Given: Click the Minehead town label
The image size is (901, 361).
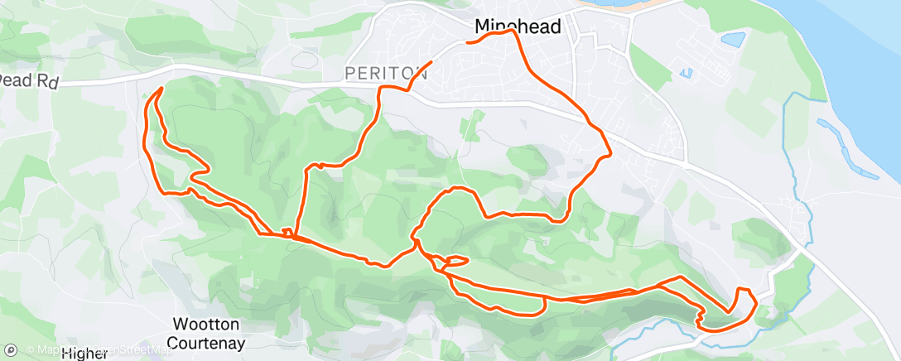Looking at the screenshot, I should pyautogui.click(x=518, y=26).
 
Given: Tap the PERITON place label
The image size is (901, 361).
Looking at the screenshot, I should pyautogui.click(x=386, y=74).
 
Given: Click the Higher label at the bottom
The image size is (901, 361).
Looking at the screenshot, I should pyautogui.click(x=84, y=354).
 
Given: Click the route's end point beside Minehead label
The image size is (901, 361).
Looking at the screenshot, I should pyautogui.click(x=469, y=41).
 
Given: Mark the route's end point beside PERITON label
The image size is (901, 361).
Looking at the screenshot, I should pyautogui.click(x=431, y=63).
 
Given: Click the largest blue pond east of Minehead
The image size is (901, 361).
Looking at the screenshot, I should pyautogui.click(x=733, y=39).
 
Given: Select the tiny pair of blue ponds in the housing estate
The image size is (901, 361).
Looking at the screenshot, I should pyautogui.click(x=686, y=73).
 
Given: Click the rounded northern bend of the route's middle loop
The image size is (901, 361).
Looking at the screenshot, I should pyautogui.click(x=456, y=190).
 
